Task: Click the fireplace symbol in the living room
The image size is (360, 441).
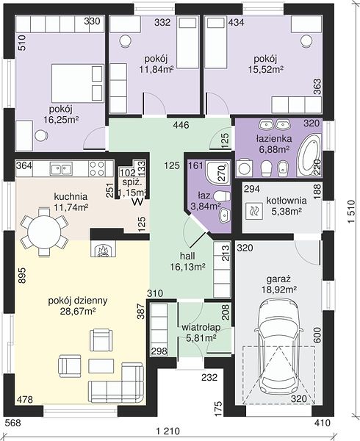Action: tap(103, 248)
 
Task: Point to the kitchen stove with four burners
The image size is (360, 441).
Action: tap(97, 168)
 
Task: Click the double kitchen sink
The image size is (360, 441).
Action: tap(61, 169)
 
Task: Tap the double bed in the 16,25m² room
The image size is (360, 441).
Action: tap(78, 83)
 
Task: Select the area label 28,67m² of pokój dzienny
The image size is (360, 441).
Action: tap(78, 312)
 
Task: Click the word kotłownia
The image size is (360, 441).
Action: tap(287, 201)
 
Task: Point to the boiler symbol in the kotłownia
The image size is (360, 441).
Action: tap(254, 211)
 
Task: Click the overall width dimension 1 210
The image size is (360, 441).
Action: tap(168, 431)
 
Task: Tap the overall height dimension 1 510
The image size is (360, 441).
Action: tap(351, 212)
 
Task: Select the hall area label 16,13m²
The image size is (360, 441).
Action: tap(187, 267)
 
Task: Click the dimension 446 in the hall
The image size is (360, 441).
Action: tap(181, 125)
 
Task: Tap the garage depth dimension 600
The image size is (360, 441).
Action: tap(317, 335)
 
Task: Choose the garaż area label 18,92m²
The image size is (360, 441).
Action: tap(280, 289)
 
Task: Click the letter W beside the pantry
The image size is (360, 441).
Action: tap(138, 201)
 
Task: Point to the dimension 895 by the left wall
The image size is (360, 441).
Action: tap(22, 276)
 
